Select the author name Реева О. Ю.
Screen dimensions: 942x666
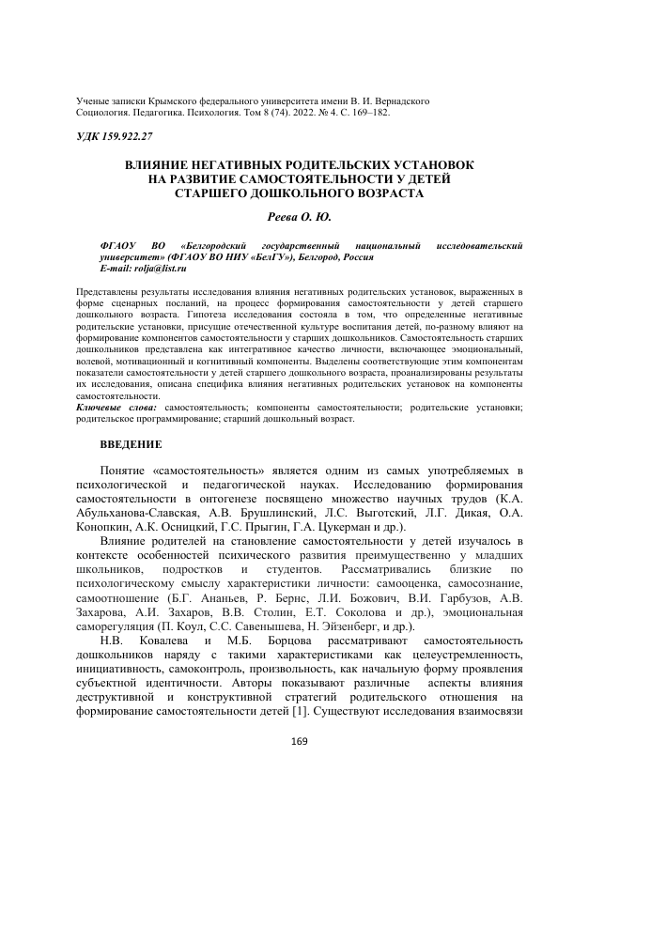click(300, 216)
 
